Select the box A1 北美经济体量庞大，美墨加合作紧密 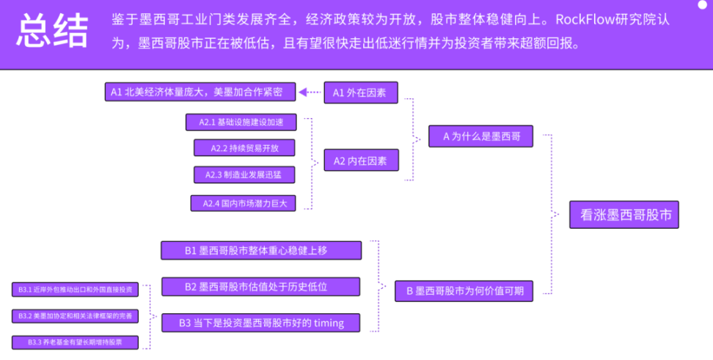[x=200, y=92]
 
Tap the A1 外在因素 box [x=361, y=92]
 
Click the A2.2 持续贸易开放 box [x=244, y=148]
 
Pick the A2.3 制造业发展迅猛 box [x=244, y=175]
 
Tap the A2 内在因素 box [x=361, y=160]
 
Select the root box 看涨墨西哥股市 [x=625, y=215]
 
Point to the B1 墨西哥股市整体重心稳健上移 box [x=261, y=250]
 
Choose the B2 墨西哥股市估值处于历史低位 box [x=260, y=286]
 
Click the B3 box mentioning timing [x=261, y=322]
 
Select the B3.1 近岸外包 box [x=76, y=290]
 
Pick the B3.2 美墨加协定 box [x=76, y=315]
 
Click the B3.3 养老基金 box [x=76, y=342]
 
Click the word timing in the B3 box [x=329, y=322]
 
